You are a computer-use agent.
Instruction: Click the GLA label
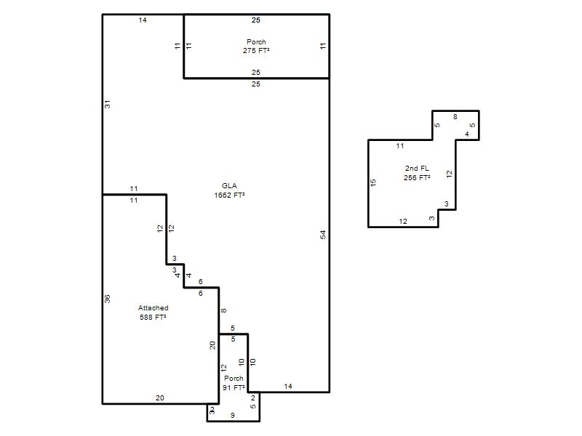click(x=229, y=186)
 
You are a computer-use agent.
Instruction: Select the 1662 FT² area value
click(x=229, y=195)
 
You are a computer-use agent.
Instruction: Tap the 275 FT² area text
click(x=256, y=50)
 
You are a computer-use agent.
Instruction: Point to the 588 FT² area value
click(x=153, y=317)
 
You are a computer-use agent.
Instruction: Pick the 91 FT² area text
click(x=234, y=387)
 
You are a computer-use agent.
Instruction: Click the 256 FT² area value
click(x=417, y=177)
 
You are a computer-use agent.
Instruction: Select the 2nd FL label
click(x=417, y=169)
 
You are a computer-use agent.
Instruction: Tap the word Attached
click(x=153, y=307)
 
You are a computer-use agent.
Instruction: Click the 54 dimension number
click(x=323, y=235)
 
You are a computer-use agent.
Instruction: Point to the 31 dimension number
click(x=107, y=105)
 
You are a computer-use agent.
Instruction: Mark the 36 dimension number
click(x=107, y=299)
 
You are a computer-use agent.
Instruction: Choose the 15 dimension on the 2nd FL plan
click(x=373, y=182)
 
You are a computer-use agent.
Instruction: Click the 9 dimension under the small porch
click(x=233, y=416)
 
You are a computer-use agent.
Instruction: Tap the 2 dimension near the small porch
click(x=253, y=398)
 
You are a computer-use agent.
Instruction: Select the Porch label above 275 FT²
click(x=256, y=42)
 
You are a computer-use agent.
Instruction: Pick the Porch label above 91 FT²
click(x=234, y=378)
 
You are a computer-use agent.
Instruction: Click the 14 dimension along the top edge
click(x=143, y=20)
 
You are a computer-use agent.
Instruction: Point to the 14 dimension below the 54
click(x=288, y=387)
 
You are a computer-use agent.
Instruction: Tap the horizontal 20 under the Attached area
click(x=159, y=397)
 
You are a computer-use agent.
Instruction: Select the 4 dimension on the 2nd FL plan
click(x=467, y=134)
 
